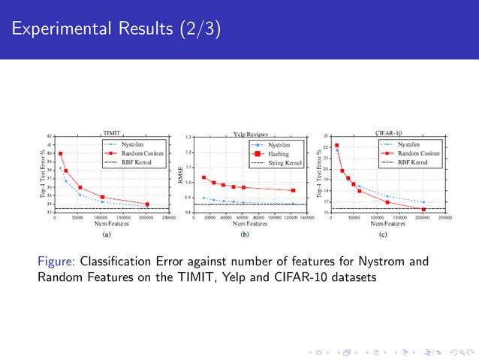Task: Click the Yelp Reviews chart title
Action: coord(250,132)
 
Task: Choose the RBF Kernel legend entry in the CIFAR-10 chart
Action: coord(413,161)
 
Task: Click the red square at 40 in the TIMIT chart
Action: coord(60,153)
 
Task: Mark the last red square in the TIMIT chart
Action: coord(147,204)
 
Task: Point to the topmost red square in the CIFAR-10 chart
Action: coord(337,146)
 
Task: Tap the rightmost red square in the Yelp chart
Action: coord(293,190)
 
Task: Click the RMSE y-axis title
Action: coord(180,175)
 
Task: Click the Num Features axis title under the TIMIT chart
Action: coord(108,224)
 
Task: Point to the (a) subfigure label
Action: coord(107,234)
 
